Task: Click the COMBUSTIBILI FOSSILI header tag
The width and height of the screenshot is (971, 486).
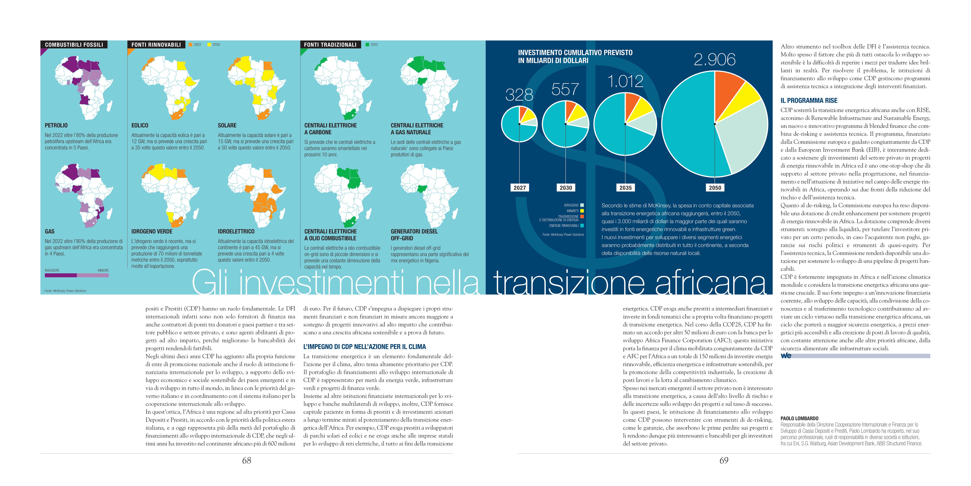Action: pyautogui.click(x=74, y=44)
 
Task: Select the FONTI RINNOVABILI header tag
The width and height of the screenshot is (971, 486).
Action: pyautogui.click(x=156, y=44)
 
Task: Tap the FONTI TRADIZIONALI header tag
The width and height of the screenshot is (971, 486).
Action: pyautogui.click(x=330, y=44)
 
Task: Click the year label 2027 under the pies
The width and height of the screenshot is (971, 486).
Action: pyautogui.click(x=520, y=188)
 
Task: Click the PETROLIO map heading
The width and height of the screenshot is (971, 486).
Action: pyautogui.click(x=56, y=125)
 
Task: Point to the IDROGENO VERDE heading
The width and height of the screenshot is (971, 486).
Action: pyautogui.click(x=151, y=231)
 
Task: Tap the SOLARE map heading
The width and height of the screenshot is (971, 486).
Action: pyautogui.click(x=227, y=125)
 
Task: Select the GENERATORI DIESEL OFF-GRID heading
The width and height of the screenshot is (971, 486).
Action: pyautogui.click(x=414, y=235)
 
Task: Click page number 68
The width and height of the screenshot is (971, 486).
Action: pyautogui.click(x=247, y=460)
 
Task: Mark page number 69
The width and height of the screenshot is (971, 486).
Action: pyautogui.click(x=724, y=460)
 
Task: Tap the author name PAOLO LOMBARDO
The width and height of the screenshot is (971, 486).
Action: pyautogui.click(x=799, y=419)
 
